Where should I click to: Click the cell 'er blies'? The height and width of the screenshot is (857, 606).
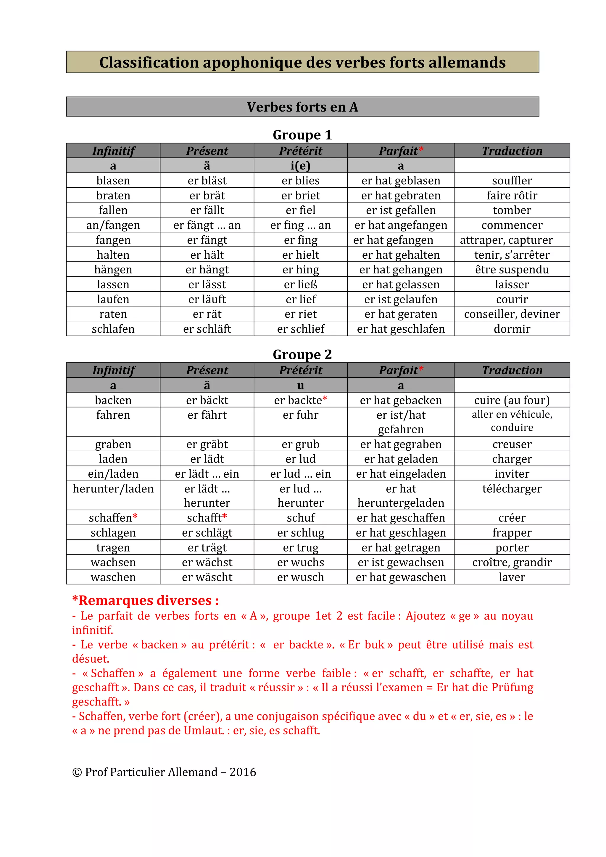point(300,181)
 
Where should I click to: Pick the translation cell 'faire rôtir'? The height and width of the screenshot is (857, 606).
point(512,196)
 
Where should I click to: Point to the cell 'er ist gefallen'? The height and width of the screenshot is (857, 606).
point(400,210)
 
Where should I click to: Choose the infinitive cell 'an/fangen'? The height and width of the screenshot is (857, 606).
point(113,225)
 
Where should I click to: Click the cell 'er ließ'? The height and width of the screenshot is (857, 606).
point(300,284)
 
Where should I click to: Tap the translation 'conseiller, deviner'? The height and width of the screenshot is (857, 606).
point(512,314)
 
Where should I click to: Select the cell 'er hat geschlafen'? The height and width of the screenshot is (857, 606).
point(400,329)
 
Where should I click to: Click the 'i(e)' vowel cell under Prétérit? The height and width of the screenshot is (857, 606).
point(300,166)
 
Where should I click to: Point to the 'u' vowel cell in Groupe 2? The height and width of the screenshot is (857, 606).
point(300,385)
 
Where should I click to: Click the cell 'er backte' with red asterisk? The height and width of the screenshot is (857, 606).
point(300,400)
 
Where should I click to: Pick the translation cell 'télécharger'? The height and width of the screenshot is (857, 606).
point(512,489)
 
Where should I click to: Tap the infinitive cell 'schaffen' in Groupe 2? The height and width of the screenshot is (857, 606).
point(113,518)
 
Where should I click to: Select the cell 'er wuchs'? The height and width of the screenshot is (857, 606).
point(300,562)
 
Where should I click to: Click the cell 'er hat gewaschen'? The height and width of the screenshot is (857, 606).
point(400,577)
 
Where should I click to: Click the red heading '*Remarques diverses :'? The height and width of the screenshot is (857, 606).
point(146,600)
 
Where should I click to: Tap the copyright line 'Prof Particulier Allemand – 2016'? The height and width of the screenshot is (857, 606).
point(164,772)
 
